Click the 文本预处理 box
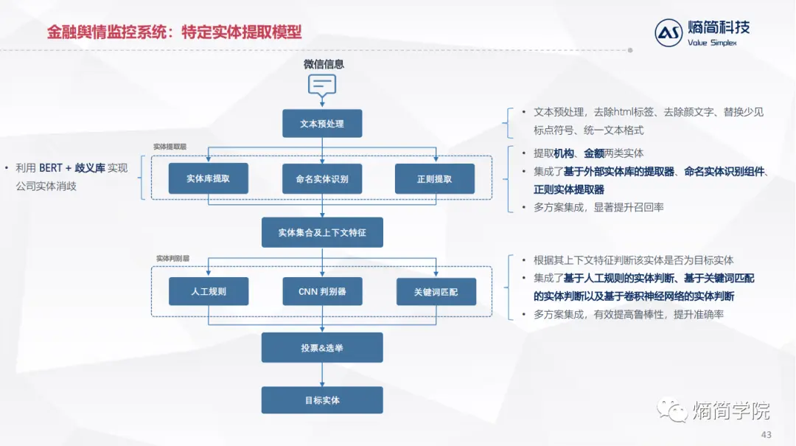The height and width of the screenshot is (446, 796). pyautogui.click(x=322, y=124)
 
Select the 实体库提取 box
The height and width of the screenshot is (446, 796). pyautogui.click(x=208, y=178)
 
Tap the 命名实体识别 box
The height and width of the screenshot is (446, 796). pyautogui.click(x=322, y=178)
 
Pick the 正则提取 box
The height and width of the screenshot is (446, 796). pyautogui.click(x=434, y=178)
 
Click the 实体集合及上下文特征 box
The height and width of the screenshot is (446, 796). pyautogui.click(x=322, y=232)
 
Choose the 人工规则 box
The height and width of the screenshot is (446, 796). pyautogui.click(x=209, y=291)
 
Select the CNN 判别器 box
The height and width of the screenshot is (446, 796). pyautogui.click(x=322, y=291)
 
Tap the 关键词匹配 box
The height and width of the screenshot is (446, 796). pyautogui.click(x=436, y=291)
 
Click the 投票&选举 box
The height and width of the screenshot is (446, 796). pyautogui.click(x=322, y=347)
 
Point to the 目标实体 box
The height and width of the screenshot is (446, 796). pyautogui.click(x=322, y=400)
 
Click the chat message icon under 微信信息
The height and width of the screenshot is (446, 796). pyautogui.click(x=322, y=85)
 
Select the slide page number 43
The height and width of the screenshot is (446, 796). pyautogui.click(x=766, y=435)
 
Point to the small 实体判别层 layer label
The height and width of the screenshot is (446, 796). pyautogui.click(x=172, y=259)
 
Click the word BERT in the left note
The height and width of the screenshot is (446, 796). pyautogui.click(x=51, y=168)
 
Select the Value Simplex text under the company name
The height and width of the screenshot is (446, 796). pyautogui.click(x=711, y=42)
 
